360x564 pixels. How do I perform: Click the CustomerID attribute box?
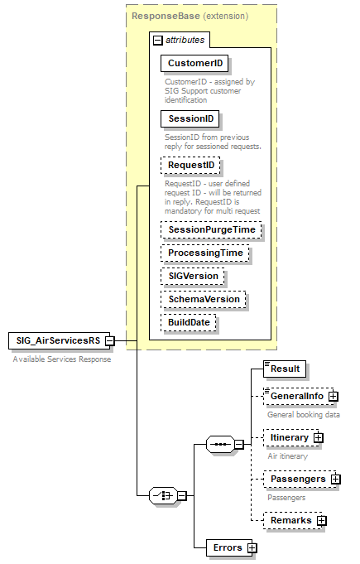(195, 63)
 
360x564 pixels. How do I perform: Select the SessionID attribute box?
(190, 119)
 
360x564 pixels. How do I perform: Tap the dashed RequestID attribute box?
(191, 166)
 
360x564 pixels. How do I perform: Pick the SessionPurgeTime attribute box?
(211, 229)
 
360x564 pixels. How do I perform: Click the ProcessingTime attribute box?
(205, 253)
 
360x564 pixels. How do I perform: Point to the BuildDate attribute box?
(190, 322)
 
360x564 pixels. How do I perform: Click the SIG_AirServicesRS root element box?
(55, 340)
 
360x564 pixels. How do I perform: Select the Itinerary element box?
(289, 437)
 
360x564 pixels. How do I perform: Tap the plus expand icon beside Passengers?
(336, 479)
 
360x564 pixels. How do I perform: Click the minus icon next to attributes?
(156, 39)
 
